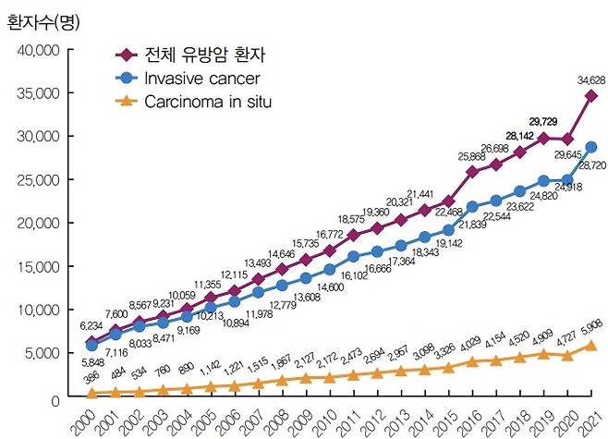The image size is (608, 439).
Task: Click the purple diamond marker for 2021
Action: [x=591, y=97]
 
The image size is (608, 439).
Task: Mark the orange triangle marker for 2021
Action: [x=591, y=346]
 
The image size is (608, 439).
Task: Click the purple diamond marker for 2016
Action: [x=472, y=172]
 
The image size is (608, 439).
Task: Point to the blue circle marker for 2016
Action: [x=472, y=207]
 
